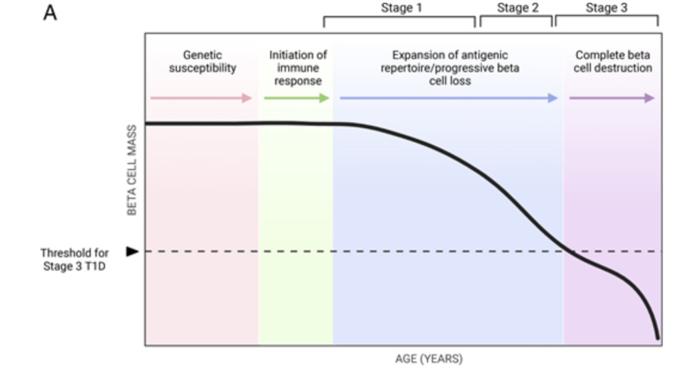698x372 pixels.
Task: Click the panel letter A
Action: [50, 13]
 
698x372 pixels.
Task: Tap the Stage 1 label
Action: [401, 8]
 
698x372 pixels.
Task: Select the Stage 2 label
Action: [518, 8]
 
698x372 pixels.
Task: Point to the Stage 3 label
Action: [606, 8]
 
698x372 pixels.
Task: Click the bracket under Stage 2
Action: [517, 17]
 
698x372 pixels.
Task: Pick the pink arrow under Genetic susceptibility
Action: [201, 98]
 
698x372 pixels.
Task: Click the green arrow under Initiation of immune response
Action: [297, 98]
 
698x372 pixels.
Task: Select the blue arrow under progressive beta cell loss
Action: [449, 98]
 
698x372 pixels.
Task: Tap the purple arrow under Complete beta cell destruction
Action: [612, 98]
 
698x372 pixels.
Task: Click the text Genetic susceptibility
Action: [202, 61]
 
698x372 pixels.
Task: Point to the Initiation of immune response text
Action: [298, 67]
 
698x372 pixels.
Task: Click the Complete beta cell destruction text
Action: [613, 61]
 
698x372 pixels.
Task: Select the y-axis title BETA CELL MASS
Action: [132, 170]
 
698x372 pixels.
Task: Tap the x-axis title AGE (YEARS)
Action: [429, 358]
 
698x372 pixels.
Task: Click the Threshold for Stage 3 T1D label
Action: [74, 260]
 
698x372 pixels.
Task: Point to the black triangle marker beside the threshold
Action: [132, 251]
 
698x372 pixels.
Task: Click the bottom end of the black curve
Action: [658, 338]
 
